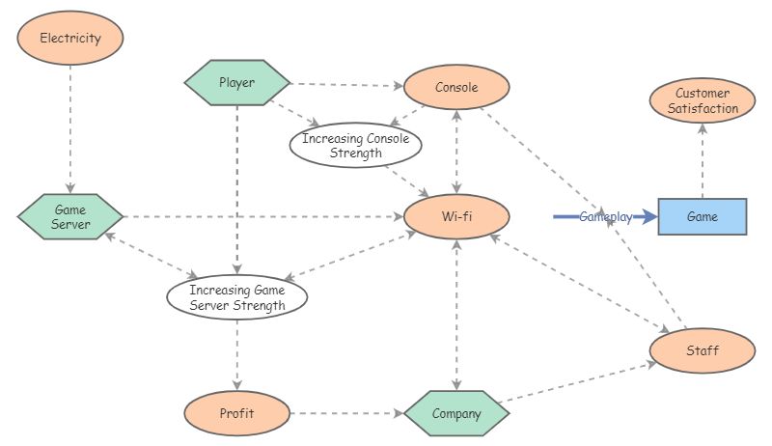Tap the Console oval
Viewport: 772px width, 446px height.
tap(456, 87)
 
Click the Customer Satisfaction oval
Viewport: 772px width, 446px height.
tap(702, 101)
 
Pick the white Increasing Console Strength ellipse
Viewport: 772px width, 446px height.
tap(355, 146)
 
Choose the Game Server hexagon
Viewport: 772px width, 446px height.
tap(70, 217)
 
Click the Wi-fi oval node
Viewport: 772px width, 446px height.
tap(456, 215)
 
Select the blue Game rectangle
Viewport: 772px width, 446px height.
tap(702, 217)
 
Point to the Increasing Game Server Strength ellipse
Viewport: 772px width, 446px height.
tap(236, 298)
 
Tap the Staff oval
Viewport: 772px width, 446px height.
tap(702, 350)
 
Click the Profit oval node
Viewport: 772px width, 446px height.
tap(236, 413)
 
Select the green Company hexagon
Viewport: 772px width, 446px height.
tap(456, 413)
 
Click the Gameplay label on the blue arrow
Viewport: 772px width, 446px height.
tap(605, 217)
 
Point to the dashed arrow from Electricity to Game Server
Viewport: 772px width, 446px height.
tap(70, 125)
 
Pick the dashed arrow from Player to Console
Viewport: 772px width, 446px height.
tap(347, 84)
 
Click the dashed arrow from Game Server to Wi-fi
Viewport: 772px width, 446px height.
tap(261, 216)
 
